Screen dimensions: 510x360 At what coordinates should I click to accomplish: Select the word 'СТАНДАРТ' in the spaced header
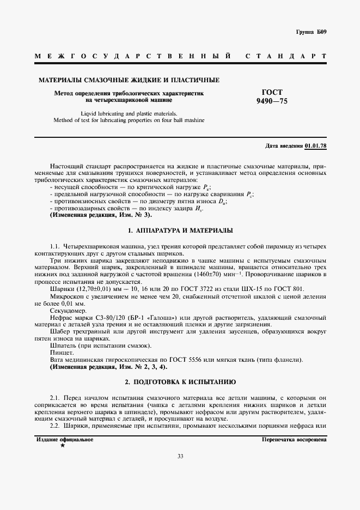[286, 56]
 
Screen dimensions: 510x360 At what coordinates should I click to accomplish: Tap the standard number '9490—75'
[272, 101]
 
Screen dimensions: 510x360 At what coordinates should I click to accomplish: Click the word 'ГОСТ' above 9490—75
[272, 92]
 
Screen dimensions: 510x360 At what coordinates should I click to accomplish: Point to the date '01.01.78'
[316, 147]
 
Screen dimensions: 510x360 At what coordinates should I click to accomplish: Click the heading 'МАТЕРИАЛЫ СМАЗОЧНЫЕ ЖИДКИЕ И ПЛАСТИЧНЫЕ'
[129, 80]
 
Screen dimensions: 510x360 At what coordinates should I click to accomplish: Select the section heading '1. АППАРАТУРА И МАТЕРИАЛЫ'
[180, 231]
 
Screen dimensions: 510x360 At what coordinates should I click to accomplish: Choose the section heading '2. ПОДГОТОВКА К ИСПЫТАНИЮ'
[180, 382]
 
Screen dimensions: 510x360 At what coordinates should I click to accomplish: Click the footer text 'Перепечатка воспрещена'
[294, 439]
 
